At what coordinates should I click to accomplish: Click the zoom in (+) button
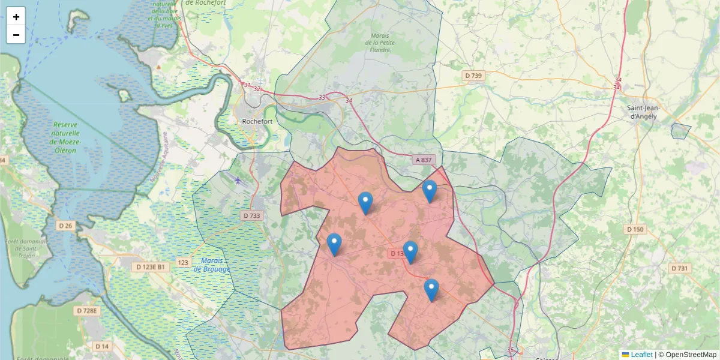(x=16, y=17)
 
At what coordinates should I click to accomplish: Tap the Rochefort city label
(x=257, y=121)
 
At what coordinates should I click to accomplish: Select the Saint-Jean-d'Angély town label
(x=642, y=112)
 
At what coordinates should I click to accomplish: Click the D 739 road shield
(x=473, y=76)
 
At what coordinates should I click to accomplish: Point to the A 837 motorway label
(x=424, y=160)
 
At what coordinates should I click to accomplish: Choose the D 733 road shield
(x=252, y=215)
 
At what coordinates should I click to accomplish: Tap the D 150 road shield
(x=635, y=229)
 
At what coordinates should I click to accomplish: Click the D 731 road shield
(x=679, y=268)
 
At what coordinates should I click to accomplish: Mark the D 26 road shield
(x=65, y=226)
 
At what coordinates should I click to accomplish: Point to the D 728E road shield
(x=87, y=311)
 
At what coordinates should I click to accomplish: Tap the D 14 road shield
(x=102, y=346)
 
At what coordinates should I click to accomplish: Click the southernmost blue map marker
(x=431, y=290)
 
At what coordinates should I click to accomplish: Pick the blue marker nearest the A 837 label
(x=430, y=191)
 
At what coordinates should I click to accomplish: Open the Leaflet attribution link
(x=641, y=355)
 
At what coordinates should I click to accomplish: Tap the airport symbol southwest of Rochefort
(x=238, y=179)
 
